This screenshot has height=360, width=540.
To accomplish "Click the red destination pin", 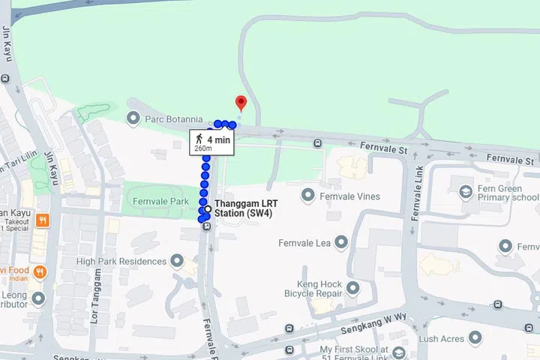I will (241, 103).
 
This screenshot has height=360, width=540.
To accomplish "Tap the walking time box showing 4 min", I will (211, 142).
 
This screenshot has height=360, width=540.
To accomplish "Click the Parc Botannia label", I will (174, 118).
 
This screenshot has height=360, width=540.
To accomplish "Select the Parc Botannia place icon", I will (133, 118).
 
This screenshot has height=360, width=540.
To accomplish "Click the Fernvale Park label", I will (160, 202).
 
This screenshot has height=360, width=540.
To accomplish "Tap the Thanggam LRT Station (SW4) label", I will (246, 208).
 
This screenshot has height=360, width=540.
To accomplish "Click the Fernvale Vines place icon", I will (307, 196).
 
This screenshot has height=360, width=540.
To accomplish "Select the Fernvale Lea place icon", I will (341, 243).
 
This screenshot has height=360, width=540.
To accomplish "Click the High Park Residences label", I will (121, 262).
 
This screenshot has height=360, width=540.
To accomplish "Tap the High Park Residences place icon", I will (177, 262).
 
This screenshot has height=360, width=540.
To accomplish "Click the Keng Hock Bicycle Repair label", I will (309, 289).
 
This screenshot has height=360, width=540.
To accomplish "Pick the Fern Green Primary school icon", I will (466, 193).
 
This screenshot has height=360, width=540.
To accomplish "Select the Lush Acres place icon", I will (474, 339).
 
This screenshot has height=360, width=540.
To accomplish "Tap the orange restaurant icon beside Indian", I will (40, 272).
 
